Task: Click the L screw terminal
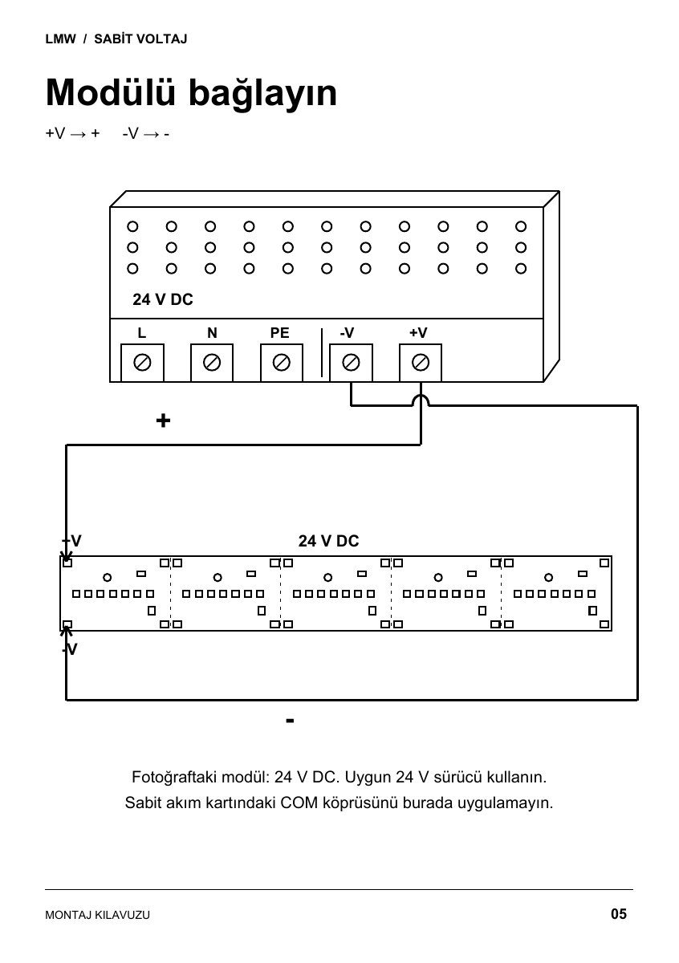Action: coord(142,363)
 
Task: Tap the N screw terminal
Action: coord(212,363)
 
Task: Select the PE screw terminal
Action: coord(281,363)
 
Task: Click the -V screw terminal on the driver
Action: coord(351,363)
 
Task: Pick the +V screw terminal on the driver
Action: coord(421,363)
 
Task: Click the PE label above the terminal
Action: coord(279,333)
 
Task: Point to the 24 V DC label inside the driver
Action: coord(163,299)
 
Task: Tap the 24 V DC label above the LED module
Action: coord(328,541)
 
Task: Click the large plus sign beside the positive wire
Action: coord(163,421)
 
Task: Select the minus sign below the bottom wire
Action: coord(291,721)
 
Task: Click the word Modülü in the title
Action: coord(111,92)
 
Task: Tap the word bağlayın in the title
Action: coord(262,95)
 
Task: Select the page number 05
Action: coord(619,914)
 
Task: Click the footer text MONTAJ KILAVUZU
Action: coord(98,915)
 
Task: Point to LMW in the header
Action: coord(61,39)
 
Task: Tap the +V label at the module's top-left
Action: coord(71,541)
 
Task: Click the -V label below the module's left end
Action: coord(70,649)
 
